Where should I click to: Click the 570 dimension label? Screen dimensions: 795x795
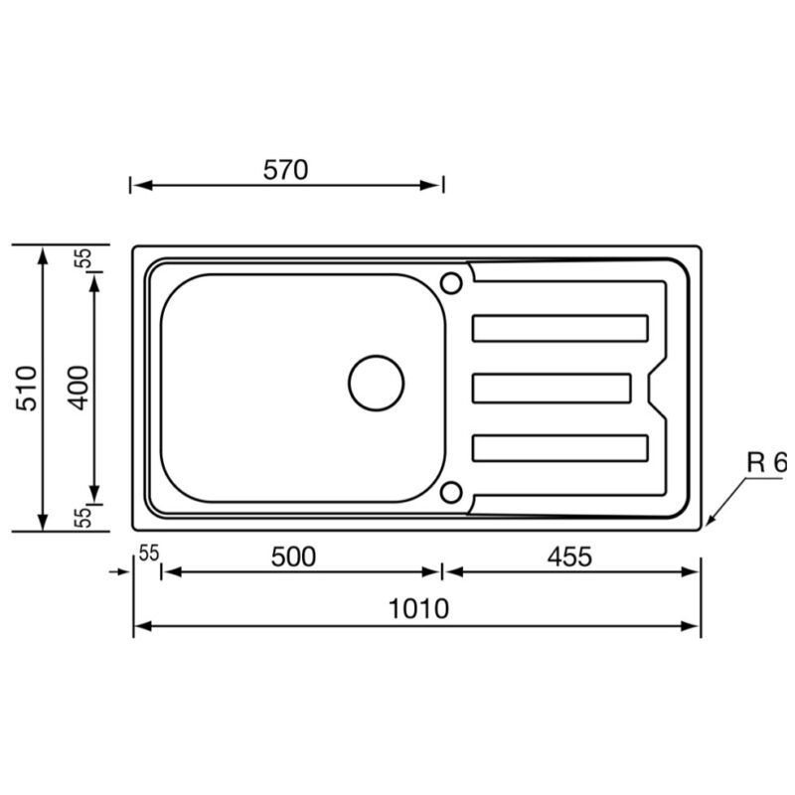[x=285, y=170]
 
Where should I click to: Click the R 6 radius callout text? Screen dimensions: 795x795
[x=766, y=462]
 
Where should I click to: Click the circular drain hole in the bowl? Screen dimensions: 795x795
[x=377, y=383]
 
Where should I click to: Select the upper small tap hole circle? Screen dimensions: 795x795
[x=451, y=283]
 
